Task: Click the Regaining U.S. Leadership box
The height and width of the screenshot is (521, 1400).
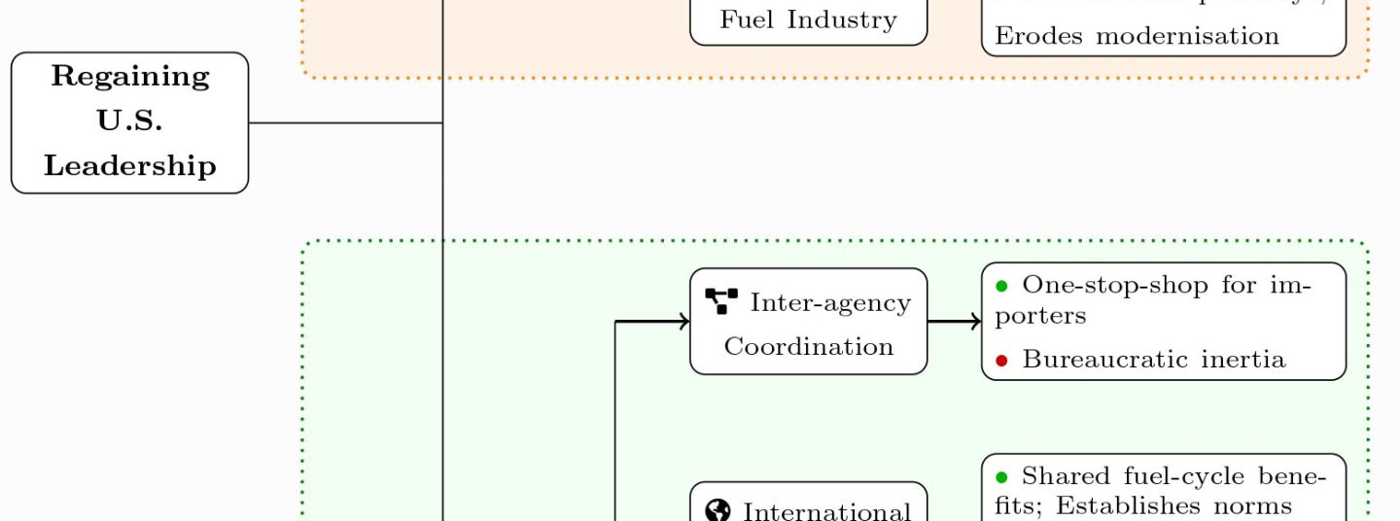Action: tap(129, 122)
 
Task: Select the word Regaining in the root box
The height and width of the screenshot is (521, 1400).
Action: tap(129, 76)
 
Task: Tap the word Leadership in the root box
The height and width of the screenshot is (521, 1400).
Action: tap(129, 165)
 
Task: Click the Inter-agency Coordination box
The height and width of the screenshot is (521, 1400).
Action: tap(808, 322)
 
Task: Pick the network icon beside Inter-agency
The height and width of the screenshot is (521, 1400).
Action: tap(721, 301)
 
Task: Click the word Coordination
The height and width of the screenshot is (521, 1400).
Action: tap(808, 346)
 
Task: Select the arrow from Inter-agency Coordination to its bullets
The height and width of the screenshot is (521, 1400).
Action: tap(954, 321)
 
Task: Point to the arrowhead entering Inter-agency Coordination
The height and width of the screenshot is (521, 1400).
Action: tap(683, 321)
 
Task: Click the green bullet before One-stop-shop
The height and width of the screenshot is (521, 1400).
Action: tap(1001, 286)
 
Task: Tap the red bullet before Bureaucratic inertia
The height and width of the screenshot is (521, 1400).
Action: tap(1001, 361)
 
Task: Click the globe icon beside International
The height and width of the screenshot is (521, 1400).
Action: tap(718, 511)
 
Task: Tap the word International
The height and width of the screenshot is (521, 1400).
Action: tap(826, 511)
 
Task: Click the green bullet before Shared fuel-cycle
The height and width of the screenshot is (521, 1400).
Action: tap(1001, 476)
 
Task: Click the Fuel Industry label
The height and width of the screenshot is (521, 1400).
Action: tap(808, 19)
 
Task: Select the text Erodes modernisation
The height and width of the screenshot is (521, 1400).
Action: tap(1137, 36)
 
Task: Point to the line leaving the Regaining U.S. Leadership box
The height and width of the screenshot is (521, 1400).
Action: tap(345, 122)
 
